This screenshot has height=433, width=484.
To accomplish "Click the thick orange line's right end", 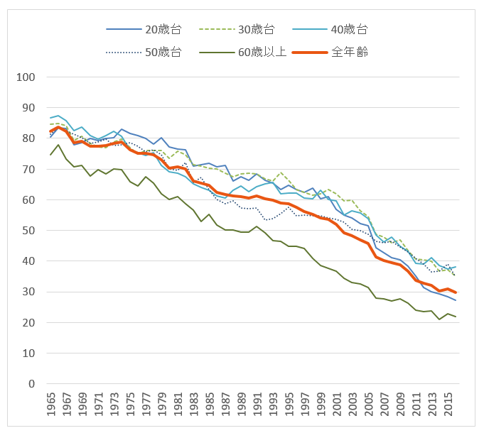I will [x=456, y=292].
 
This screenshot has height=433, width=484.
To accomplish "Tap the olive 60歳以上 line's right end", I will [x=456, y=317].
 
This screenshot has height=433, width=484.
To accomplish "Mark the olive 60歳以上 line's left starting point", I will [x=50, y=155].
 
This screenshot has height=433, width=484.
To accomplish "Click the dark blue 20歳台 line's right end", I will [x=456, y=300].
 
